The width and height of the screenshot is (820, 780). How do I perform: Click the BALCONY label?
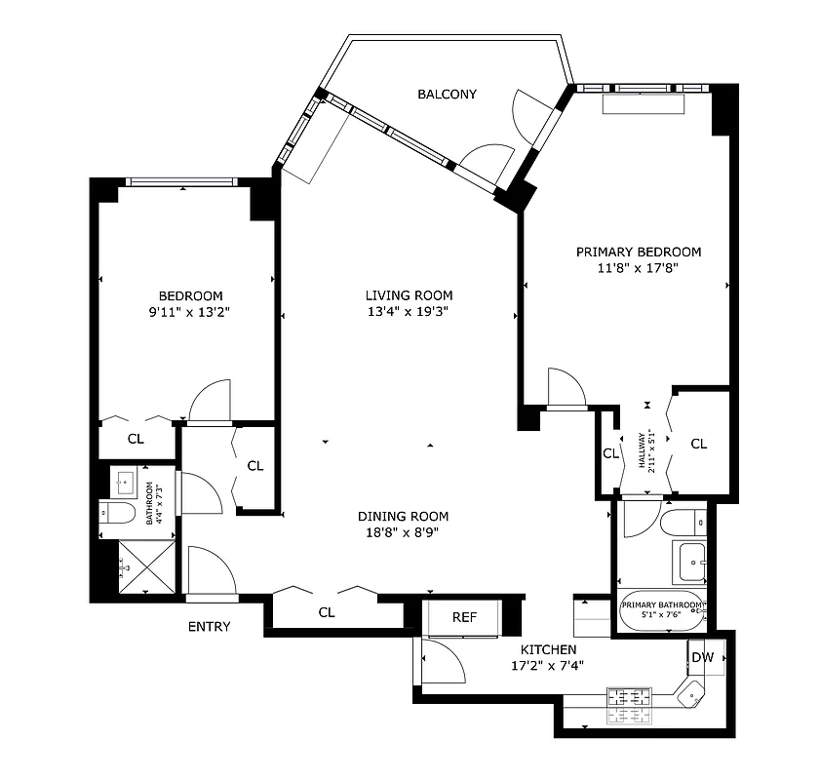click(x=447, y=95)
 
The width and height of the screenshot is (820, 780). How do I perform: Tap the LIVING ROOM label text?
click(x=409, y=295)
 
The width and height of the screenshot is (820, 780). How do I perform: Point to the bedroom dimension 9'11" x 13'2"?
click(x=190, y=313)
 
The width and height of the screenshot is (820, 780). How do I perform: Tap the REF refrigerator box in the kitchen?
click(x=464, y=617)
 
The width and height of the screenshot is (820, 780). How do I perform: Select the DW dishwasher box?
click(x=702, y=658)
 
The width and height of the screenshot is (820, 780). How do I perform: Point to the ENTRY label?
click(x=209, y=627)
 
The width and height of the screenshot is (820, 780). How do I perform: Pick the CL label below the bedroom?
click(x=136, y=440)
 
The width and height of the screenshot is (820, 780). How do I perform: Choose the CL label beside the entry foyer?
click(x=254, y=466)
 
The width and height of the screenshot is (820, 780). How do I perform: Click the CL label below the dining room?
click(x=327, y=613)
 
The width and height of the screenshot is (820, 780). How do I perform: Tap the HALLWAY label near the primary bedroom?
click(x=644, y=450)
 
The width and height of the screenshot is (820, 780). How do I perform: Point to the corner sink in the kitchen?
click(x=690, y=696)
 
